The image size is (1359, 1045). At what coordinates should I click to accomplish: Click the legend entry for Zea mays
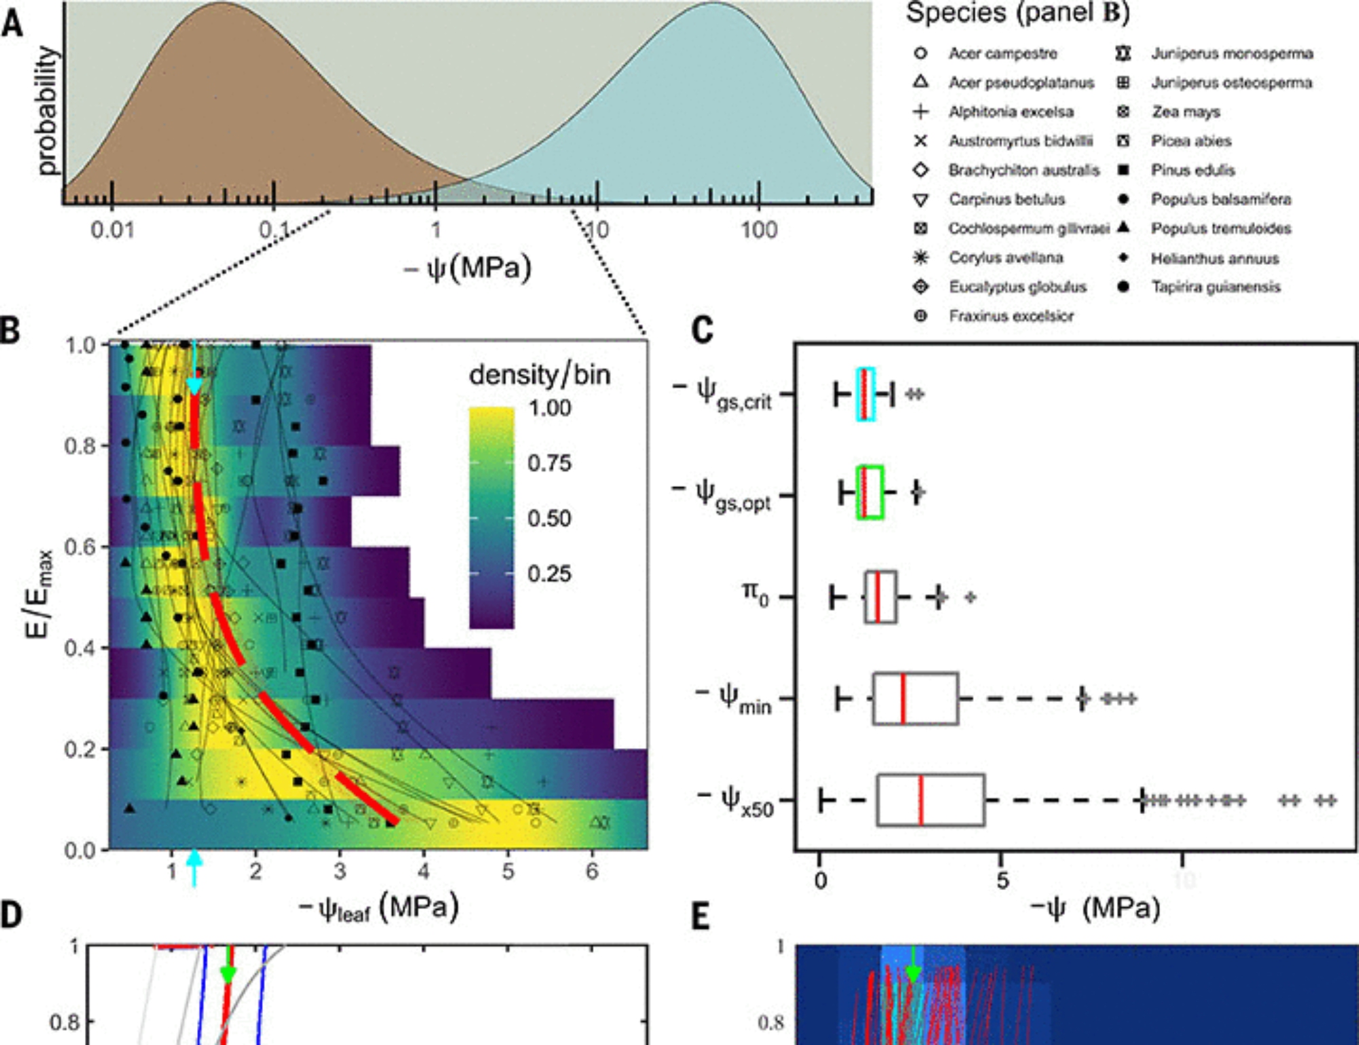point(1185,111)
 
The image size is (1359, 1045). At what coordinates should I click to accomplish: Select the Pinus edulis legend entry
point(1193,170)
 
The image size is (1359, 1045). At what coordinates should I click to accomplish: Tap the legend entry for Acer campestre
point(1002,53)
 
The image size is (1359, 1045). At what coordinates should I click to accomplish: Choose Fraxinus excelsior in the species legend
point(1011,316)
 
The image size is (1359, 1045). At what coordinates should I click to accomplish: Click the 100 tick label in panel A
point(758,230)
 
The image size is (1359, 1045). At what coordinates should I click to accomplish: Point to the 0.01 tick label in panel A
point(112,230)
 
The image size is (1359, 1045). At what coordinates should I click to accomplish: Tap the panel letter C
point(702,331)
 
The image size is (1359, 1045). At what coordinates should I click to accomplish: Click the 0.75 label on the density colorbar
point(549,463)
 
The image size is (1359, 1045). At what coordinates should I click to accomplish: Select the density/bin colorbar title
point(540,374)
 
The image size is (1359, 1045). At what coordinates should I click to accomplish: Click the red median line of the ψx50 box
point(921,800)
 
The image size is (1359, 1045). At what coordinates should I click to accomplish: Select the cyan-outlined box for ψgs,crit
point(866,394)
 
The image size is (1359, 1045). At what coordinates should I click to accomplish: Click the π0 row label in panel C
point(755,595)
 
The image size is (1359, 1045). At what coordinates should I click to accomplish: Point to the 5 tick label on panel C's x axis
point(1002,880)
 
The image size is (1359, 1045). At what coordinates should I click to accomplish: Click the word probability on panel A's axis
point(46,110)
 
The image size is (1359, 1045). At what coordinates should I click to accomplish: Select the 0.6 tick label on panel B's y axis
point(80,547)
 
